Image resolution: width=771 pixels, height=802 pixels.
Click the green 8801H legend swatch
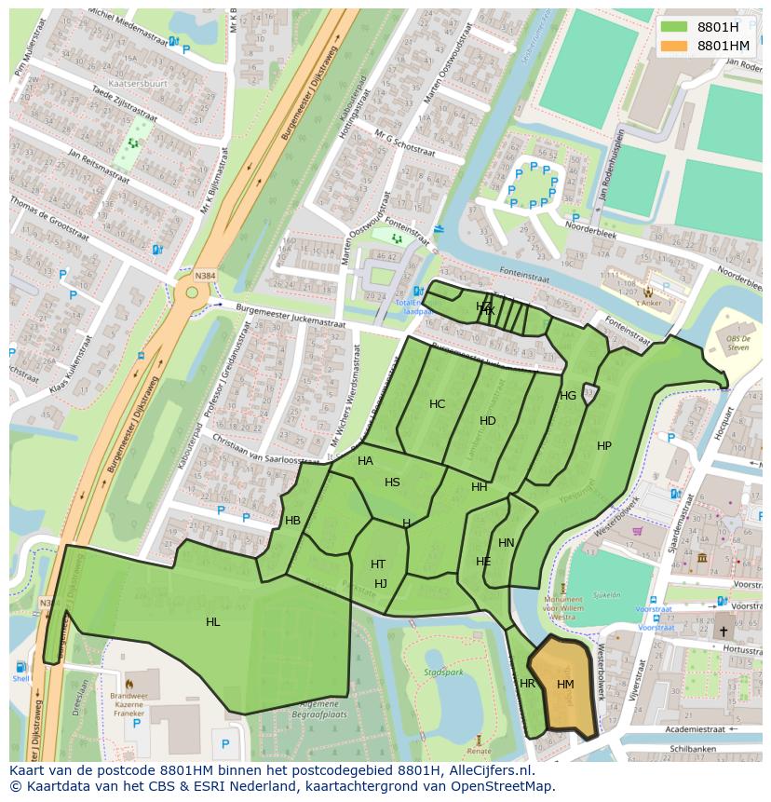coord(674,28)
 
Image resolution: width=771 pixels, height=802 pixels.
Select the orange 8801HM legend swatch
coord(674,46)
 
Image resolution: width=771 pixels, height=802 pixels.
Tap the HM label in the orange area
coord(565,685)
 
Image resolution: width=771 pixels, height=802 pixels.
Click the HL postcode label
coord(213,622)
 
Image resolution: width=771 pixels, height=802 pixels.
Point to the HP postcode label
coord(604,446)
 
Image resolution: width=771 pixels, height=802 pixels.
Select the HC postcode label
coord(438,404)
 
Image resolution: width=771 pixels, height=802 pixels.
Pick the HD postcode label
coord(488,421)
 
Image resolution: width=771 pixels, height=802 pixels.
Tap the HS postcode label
coord(392,483)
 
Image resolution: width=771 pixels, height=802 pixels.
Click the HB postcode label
coord(293,521)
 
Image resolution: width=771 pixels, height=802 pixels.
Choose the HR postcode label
coord(528,684)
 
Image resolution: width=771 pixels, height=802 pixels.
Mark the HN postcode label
coord(507,543)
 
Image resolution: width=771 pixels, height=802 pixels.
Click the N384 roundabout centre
coord(193,292)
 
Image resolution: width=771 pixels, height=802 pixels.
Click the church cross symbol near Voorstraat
coord(724,632)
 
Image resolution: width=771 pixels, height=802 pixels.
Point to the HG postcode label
coord(568,396)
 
